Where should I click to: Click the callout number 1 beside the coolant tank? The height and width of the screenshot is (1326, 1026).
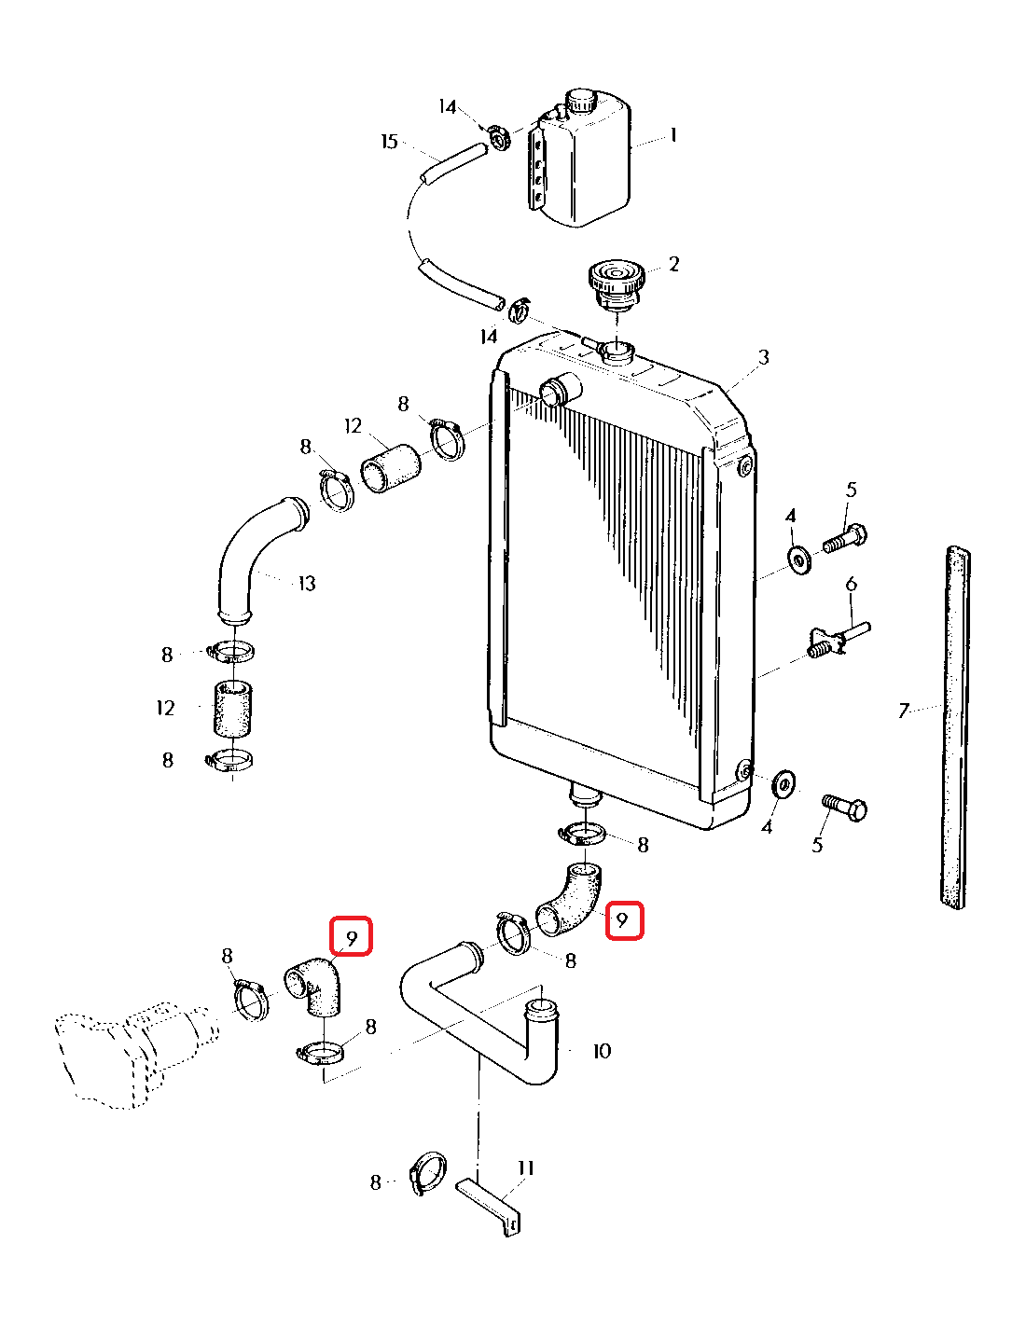pyautogui.click(x=673, y=136)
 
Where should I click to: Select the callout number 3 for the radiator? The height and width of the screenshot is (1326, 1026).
pyautogui.click(x=763, y=357)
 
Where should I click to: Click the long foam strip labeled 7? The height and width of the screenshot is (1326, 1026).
pyautogui.click(x=955, y=727)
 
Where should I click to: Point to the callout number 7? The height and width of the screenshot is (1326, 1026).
pyautogui.click(x=903, y=711)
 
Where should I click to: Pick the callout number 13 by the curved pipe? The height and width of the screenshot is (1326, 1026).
pyautogui.click(x=307, y=584)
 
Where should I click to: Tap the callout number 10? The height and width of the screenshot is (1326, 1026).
pyautogui.click(x=602, y=1052)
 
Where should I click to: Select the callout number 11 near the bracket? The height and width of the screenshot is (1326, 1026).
pyautogui.click(x=526, y=1168)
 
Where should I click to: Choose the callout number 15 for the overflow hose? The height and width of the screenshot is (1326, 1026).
pyautogui.click(x=389, y=142)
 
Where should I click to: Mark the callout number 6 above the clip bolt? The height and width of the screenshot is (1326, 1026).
pyautogui.click(x=851, y=585)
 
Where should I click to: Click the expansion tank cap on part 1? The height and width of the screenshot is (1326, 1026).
pyautogui.click(x=580, y=100)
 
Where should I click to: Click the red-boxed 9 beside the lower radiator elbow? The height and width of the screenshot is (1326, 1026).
pyautogui.click(x=624, y=921)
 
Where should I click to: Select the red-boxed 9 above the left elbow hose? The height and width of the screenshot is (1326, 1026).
pyautogui.click(x=352, y=936)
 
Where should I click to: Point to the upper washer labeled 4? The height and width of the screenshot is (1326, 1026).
pyautogui.click(x=799, y=559)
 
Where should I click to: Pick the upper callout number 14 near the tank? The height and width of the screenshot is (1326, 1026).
pyautogui.click(x=448, y=107)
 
